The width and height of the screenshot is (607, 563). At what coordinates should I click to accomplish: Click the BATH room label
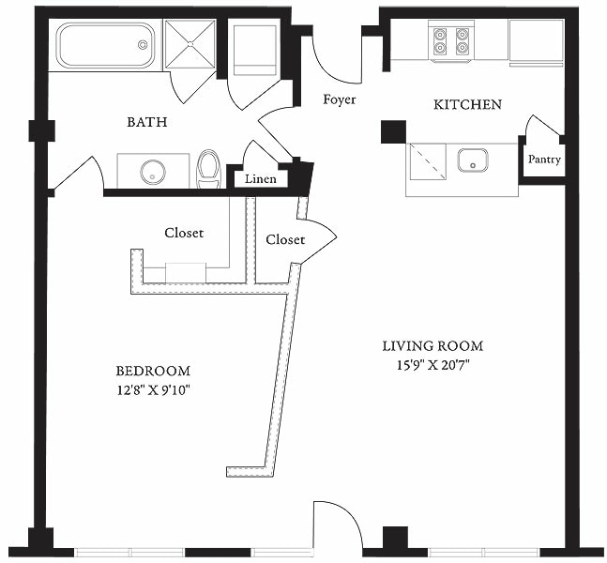pos(146,122)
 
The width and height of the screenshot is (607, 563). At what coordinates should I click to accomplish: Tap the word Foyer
pos(339,99)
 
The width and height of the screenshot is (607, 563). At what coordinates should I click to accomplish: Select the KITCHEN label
pos(466,104)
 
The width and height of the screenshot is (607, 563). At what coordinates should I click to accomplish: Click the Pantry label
pos(544,160)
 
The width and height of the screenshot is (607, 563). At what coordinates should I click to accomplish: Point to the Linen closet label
pos(259,179)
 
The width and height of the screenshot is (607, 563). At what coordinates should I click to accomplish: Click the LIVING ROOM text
pos(432,346)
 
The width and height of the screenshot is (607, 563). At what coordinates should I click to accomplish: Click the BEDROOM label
pos(153,371)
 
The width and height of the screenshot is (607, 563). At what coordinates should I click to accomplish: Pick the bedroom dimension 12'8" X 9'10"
pos(153,388)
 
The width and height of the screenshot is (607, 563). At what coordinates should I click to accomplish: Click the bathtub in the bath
pos(105,45)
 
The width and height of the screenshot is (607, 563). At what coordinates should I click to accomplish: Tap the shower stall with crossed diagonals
pos(190,44)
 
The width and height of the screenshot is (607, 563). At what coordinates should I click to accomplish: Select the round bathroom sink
pos(153,172)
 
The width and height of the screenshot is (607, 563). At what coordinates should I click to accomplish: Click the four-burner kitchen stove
pos(449,41)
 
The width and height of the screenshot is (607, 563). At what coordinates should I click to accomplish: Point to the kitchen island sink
pos(474,160)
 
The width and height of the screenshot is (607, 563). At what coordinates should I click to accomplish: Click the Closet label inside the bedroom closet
pos(184,233)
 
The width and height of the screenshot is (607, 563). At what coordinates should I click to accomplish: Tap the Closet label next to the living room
pos(285,240)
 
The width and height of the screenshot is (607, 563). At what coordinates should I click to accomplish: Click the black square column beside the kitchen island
pos(393,131)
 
